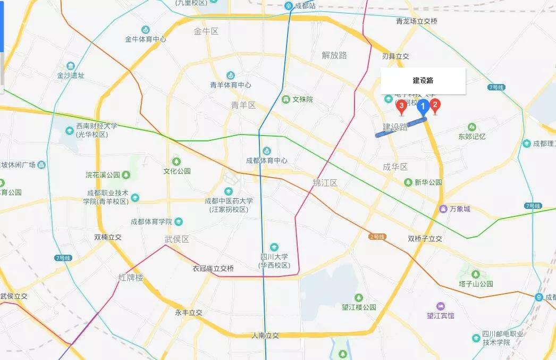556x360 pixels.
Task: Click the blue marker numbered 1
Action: [x=423, y=107]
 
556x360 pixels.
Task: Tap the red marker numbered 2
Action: [x=435, y=105]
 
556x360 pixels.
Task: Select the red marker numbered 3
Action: [x=401, y=106]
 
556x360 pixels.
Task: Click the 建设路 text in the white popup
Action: [x=423, y=81]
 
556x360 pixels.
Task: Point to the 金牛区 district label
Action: [x=206, y=31]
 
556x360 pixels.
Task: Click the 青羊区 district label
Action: [x=243, y=105]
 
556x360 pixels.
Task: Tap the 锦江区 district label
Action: [x=325, y=183]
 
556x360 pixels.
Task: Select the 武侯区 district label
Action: [x=177, y=239]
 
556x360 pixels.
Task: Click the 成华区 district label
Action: [x=395, y=167]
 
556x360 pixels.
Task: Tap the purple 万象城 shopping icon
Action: [x=443, y=208]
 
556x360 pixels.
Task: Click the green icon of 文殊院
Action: [x=285, y=99]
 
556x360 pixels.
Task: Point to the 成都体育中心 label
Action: [x=267, y=160]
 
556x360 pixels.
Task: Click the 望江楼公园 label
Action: [x=359, y=307]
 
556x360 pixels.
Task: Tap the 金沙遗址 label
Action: [x=71, y=76]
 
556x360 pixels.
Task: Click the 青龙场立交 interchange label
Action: [x=417, y=21]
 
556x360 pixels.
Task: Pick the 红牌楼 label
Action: [x=131, y=277]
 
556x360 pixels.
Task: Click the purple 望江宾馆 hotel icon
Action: [x=440, y=306]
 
